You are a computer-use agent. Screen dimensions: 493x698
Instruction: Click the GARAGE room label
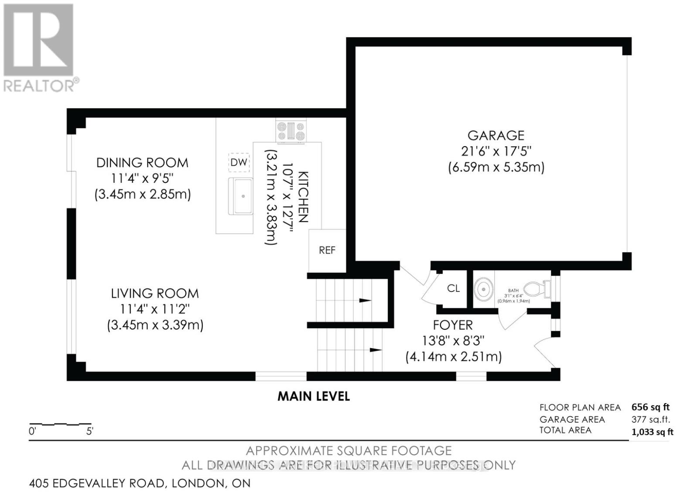pos(496,135)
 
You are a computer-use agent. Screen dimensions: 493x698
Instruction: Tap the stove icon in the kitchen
pos(291,131)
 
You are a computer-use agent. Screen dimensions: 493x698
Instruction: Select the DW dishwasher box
pos(239,163)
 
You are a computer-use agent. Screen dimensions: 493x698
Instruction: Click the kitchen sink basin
pos(241,196)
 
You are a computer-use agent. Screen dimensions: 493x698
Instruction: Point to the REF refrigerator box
pos(327,250)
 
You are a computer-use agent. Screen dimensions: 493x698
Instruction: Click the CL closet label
pos(453,288)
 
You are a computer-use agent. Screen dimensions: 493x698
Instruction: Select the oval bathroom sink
pos(483,289)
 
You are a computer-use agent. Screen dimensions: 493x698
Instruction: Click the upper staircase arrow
pos(365,301)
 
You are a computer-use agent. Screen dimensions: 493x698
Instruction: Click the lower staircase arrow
pos(376,350)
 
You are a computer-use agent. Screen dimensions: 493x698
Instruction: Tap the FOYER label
pos(453,325)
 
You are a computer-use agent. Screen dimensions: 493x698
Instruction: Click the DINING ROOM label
pos(142,163)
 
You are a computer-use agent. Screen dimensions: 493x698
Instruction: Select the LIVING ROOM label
pos(154,293)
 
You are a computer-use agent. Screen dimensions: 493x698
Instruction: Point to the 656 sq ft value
pos(650,407)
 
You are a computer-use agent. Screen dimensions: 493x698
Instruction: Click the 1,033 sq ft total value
pos(652,432)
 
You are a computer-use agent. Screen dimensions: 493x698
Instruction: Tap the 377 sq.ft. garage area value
pos(650,420)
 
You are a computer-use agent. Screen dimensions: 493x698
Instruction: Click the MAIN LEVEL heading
pos(314,396)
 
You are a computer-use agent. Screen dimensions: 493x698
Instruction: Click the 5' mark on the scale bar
pos(89,431)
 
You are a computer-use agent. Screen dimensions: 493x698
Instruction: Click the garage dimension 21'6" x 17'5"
pos(496,151)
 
